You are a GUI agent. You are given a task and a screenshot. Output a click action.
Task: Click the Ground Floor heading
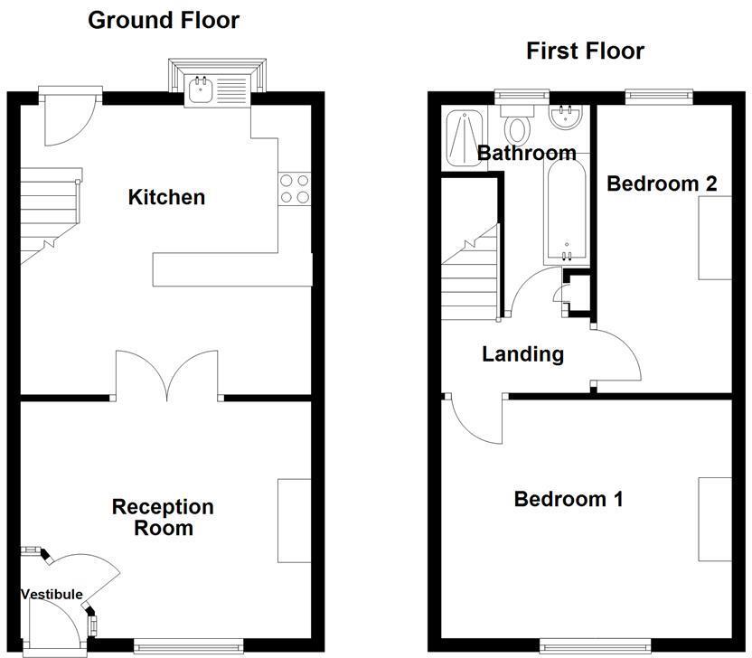[x=164, y=20]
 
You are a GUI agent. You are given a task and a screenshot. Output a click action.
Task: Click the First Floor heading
[x=585, y=51]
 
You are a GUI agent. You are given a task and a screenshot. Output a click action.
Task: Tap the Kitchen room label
[x=166, y=196]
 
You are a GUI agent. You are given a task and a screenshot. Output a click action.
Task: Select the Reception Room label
[x=163, y=517]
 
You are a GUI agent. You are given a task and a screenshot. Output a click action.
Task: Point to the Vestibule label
[x=52, y=594]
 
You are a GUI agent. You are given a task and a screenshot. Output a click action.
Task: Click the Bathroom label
[x=526, y=153]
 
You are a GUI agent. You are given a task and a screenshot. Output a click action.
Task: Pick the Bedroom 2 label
[x=662, y=183]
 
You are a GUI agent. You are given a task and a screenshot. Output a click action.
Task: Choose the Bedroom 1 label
[x=568, y=498]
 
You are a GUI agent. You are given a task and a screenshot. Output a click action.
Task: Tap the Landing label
[x=522, y=353]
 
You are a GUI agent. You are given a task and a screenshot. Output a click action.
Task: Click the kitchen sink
[x=199, y=89]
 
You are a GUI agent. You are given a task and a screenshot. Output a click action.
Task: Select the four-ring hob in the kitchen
[x=295, y=187]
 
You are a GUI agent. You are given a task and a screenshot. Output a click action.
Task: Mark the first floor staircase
[x=470, y=271]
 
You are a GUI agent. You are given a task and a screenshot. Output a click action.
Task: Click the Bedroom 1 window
[x=596, y=644]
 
